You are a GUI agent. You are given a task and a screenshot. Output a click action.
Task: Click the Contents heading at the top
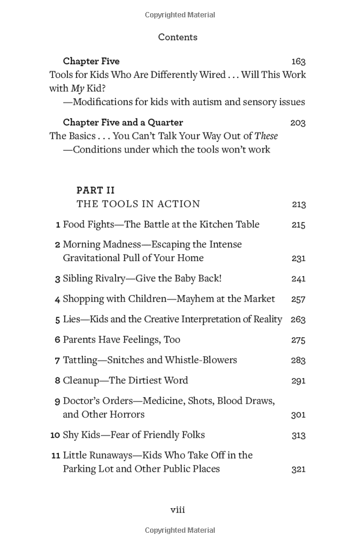click(x=178, y=37)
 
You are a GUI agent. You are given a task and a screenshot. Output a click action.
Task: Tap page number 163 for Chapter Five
click(x=298, y=62)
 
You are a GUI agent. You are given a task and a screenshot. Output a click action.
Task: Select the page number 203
click(x=298, y=123)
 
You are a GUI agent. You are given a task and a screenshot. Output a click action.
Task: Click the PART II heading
click(x=95, y=190)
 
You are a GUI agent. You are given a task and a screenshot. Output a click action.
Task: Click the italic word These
click(x=266, y=136)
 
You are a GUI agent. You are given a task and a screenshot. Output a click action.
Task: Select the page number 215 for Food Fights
click(x=298, y=225)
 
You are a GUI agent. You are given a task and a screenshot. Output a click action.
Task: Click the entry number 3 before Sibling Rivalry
click(x=58, y=279)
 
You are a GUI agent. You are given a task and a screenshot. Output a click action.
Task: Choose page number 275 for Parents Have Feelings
click(x=298, y=340)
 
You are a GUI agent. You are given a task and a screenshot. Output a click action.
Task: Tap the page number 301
click(x=298, y=415)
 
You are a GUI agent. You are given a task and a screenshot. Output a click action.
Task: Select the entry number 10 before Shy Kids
click(x=55, y=435)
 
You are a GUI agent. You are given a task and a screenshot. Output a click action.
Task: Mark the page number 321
click(x=298, y=469)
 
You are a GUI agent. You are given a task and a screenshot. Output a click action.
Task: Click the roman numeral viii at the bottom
click(x=178, y=510)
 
